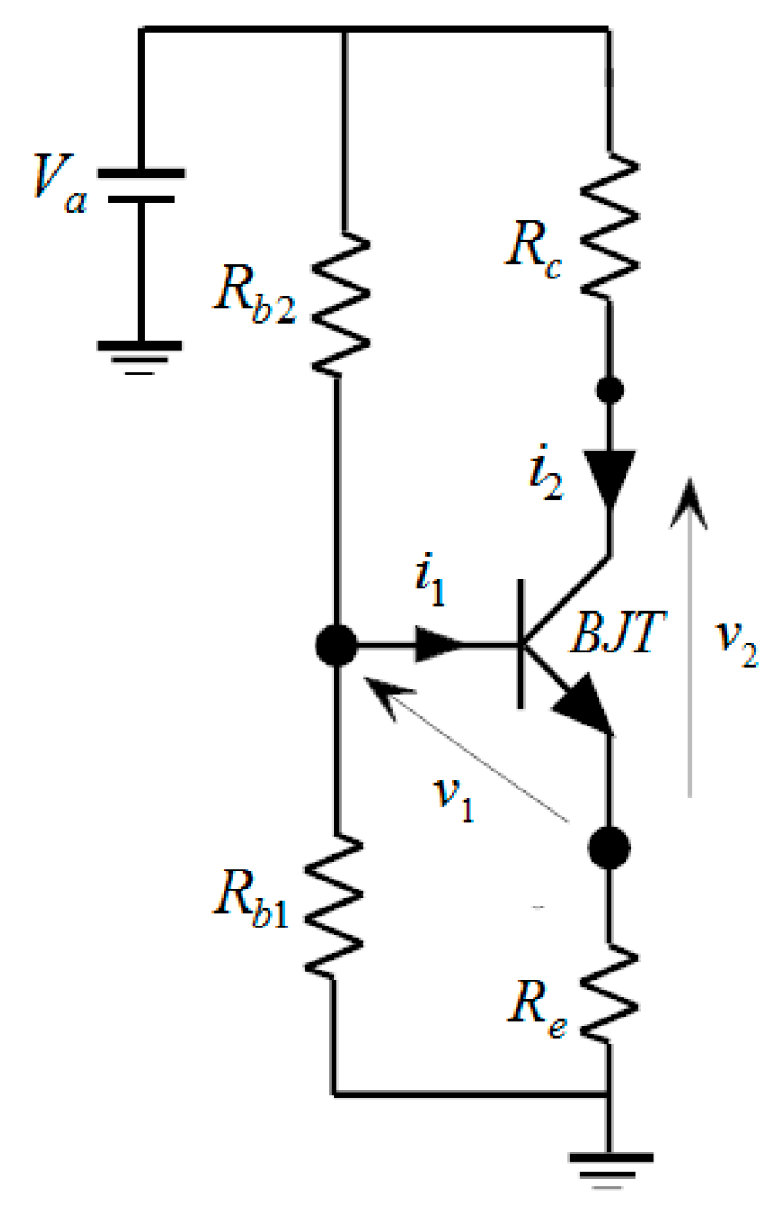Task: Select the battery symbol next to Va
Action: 140,186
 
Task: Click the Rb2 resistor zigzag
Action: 342,306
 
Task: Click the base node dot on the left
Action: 336,645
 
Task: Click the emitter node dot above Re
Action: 608,848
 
